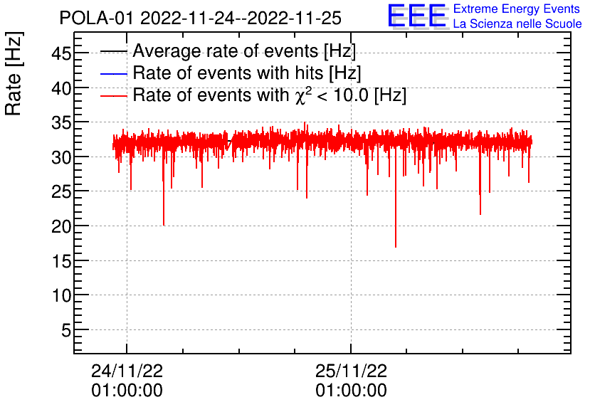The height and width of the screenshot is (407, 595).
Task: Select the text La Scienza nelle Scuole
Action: pyautogui.click(x=517, y=23)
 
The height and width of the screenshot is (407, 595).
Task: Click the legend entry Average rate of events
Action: pyautogui.click(x=244, y=51)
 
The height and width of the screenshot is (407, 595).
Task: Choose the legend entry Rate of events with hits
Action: pyautogui.click(x=247, y=73)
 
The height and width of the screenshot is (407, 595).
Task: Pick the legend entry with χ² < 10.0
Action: pyautogui.click(x=269, y=95)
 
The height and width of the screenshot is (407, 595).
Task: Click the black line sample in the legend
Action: pyautogui.click(x=114, y=52)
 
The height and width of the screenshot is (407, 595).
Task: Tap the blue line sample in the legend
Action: pyautogui.click(x=114, y=74)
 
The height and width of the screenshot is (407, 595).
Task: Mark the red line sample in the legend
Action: pyautogui.click(x=114, y=95)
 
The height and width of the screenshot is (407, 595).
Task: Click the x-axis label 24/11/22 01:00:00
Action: pyautogui.click(x=127, y=381)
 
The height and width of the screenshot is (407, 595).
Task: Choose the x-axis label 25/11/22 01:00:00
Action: pyautogui.click(x=352, y=381)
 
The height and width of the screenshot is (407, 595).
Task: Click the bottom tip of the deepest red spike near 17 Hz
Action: pyautogui.click(x=396, y=247)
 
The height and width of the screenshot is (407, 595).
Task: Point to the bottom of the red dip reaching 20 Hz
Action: pyautogui.click(x=164, y=225)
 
